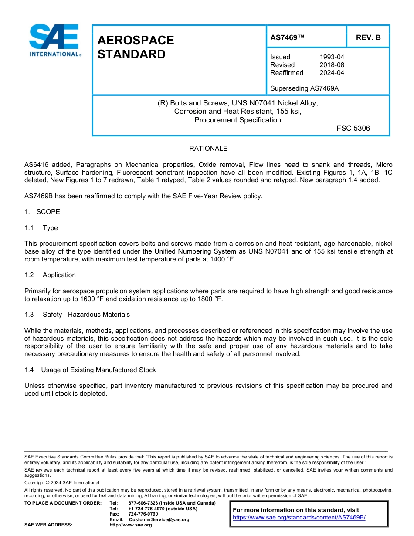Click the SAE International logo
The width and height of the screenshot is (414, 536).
pos(54,40)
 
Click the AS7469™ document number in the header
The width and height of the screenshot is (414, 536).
pos(287,38)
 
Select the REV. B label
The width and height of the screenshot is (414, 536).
pos(368,38)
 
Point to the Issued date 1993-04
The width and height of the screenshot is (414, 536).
pos(332,57)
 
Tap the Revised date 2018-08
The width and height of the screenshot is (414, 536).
pos(332,65)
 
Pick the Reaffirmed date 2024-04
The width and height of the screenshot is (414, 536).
pos(332,73)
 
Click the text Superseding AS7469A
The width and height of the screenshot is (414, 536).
pos(304,88)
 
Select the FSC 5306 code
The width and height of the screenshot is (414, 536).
pos(353,128)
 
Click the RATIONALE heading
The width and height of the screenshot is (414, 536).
pos(208,149)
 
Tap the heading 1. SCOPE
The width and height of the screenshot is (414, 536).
pos(42,212)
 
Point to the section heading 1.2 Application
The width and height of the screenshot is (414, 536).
pos(50,275)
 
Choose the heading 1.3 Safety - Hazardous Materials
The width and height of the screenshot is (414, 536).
pos(77,315)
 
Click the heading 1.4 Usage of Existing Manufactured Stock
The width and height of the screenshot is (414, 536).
pos(90,370)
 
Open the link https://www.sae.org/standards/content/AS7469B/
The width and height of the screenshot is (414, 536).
pos(299,517)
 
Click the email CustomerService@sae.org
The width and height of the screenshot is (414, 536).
pos(159,519)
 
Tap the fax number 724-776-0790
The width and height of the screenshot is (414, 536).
pos(143,514)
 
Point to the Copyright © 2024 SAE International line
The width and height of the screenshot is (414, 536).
pos(62,482)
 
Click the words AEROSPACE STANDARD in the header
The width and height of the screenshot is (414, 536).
pos(136,47)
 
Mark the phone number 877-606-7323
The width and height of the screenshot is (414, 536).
pos(143,503)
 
